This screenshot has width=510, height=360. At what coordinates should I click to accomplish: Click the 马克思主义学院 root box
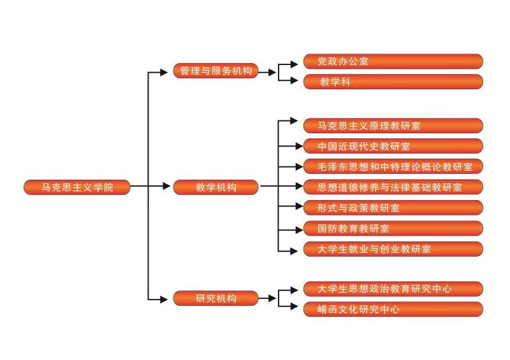tap(76, 187)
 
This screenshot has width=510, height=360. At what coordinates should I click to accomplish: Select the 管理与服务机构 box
tap(215, 71)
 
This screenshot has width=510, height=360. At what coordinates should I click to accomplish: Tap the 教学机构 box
tap(215, 187)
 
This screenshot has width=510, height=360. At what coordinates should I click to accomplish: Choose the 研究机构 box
tap(215, 298)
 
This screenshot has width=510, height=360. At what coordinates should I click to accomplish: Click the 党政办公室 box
tap(392, 61)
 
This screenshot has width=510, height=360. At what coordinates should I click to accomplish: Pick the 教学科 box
tap(392, 82)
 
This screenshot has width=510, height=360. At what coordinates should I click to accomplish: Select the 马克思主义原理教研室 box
tap(392, 126)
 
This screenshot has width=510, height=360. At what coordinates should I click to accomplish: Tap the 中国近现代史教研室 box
tap(392, 146)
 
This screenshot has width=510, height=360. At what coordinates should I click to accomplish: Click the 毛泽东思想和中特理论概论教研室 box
tap(392, 166)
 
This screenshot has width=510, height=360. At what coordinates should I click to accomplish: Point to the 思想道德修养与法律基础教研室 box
tap(392, 187)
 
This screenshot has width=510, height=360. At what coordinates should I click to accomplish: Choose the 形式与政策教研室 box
tap(392, 207)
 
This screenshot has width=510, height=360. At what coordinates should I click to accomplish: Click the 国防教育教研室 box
tap(392, 227)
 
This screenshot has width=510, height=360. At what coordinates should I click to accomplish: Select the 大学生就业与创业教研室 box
tap(392, 248)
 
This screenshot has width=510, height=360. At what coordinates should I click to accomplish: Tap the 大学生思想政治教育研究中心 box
tap(392, 289)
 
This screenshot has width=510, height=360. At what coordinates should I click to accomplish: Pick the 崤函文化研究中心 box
tap(392, 309)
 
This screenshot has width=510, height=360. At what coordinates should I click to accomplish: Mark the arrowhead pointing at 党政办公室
tap(294, 62)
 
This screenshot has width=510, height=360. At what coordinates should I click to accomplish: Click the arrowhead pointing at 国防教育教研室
tap(294, 228)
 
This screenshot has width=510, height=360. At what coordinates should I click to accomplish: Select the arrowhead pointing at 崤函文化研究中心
tap(294, 309)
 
